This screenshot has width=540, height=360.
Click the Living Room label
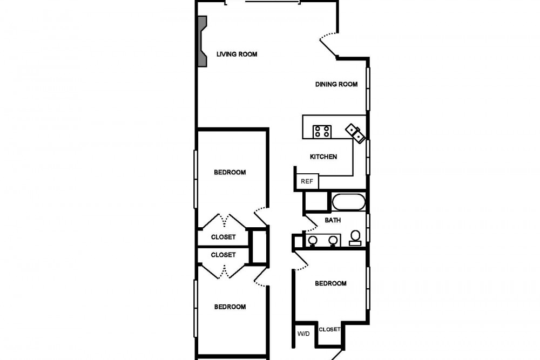(237, 54)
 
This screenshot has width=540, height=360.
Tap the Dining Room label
(336, 84)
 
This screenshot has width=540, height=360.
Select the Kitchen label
(323, 157)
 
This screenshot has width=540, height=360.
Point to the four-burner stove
(322, 132)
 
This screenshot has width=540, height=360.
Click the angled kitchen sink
(355, 133)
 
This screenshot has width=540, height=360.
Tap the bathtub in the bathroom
(348, 202)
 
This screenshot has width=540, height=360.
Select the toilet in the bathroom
(355, 238)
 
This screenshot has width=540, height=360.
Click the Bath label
(333, 220)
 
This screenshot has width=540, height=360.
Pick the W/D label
(303, 334)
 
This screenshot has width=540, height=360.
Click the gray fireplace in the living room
(202, 41)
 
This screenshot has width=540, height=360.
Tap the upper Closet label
(223, 237)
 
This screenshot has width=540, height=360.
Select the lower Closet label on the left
(223, 255)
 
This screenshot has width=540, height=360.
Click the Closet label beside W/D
(329, 329)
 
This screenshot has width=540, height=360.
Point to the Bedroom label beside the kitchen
(230, 172)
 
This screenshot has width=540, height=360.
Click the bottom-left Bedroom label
(230, 307)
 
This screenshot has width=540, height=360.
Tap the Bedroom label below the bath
(330, 283)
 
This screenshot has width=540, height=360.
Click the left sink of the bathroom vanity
(313, 240)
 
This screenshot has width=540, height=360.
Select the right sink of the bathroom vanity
(333, 240)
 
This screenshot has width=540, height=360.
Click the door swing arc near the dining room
(328, 34)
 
